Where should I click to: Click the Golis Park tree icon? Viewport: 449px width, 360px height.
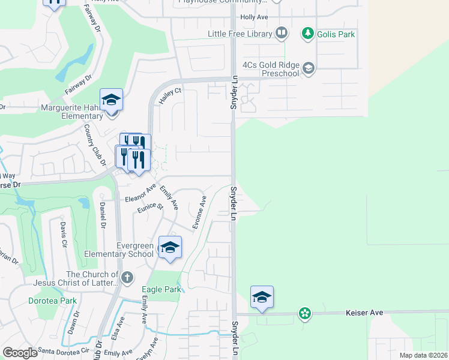[307, 34]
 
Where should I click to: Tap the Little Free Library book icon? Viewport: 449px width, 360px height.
[281, 34]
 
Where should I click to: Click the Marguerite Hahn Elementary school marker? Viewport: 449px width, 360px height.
[111, 100]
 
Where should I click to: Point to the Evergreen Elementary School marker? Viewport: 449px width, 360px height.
[170, 247]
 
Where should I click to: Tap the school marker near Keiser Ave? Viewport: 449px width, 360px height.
[262, 298]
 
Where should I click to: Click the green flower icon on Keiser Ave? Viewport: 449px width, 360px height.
[305, 313]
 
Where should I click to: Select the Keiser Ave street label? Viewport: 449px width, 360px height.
[364, 313]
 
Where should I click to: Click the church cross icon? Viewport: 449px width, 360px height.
[126, 278]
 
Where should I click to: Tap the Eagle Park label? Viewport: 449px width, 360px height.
[161, 289]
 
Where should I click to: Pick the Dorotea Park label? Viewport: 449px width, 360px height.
[53, 301]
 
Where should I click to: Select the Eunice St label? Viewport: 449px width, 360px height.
[150, 207]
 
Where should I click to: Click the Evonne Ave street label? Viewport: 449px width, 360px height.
[199, 212]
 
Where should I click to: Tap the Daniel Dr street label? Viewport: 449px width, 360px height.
[103, 215]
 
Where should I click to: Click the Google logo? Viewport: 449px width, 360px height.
[20, 353]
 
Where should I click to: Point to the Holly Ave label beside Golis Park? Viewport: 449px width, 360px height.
[254, 17]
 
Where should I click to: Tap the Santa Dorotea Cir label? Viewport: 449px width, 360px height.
[64, 350]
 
